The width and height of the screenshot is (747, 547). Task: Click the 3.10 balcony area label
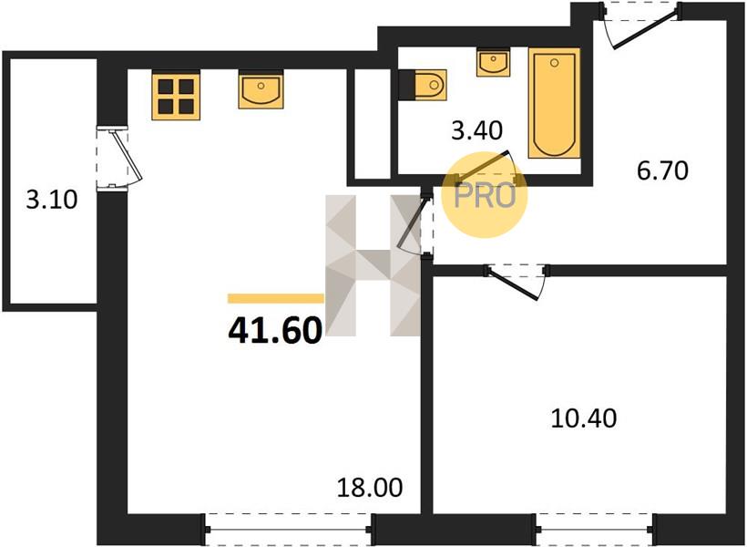51,200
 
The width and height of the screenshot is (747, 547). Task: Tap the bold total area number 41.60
275,331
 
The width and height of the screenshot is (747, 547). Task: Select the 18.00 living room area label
370,488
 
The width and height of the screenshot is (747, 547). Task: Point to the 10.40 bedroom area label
584,418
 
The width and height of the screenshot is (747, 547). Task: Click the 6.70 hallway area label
662,170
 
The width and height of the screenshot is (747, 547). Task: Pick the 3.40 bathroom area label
476,130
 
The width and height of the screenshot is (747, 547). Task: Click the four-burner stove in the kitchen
176,96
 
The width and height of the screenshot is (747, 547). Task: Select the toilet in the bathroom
423,85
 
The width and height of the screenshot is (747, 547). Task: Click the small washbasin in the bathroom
494,61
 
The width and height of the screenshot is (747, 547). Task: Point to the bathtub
554,103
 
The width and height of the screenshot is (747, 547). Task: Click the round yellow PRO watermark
485,195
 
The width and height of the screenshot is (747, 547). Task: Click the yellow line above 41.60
276,298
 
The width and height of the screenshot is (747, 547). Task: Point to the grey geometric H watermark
373,265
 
